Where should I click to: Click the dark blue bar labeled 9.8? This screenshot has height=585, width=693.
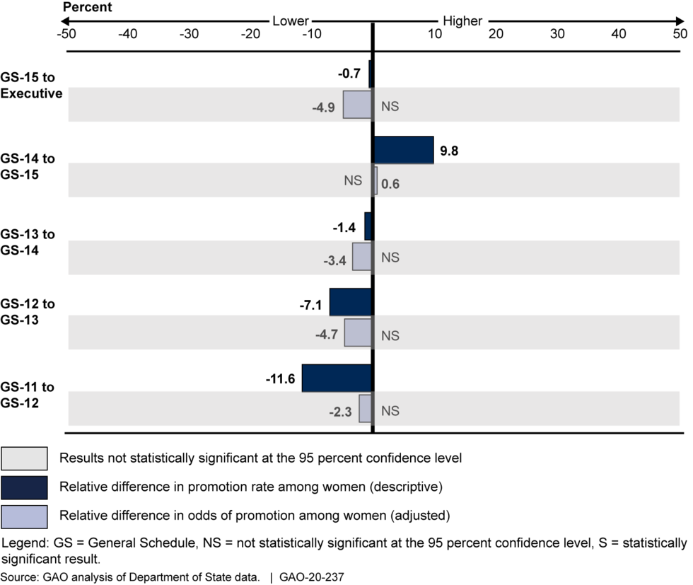(403, 150)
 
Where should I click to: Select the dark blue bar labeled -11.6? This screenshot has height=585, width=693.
(337, 378)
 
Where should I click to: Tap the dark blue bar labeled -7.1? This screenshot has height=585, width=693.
(351, 302)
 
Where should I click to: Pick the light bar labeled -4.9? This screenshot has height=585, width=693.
(357, 105)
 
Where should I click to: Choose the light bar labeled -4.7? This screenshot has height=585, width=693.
(358, 332)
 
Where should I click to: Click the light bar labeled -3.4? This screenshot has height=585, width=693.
(362, 256)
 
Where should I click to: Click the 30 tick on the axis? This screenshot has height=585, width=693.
(557, 33)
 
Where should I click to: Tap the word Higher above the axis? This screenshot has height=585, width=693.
(462, 21)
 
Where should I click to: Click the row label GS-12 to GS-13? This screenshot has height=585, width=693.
(28, 311)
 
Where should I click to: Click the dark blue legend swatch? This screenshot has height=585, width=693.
(25, 487)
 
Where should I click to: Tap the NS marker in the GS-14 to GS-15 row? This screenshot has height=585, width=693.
(353, 181)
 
